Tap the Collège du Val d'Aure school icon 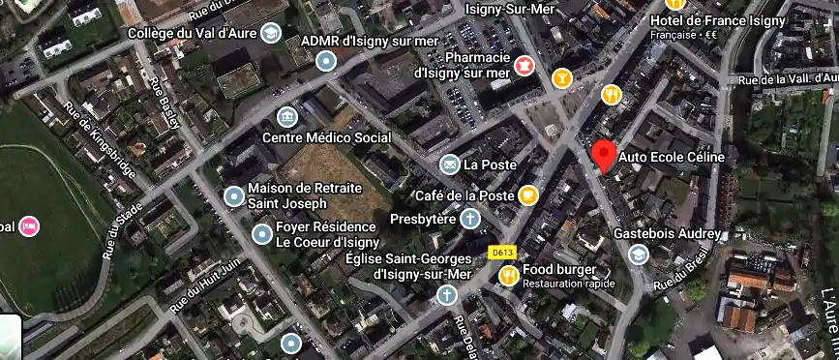point(270,33)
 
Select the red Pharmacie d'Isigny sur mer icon point(524,64)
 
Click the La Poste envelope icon point(449,165)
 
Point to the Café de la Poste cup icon point(527,195)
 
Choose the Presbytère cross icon point(469,220)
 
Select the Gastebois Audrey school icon point(638,255)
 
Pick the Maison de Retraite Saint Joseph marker point(233,196)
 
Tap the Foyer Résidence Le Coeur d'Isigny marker point(261,233)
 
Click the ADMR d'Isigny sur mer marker point(327,61)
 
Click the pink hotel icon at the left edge point(29,226)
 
